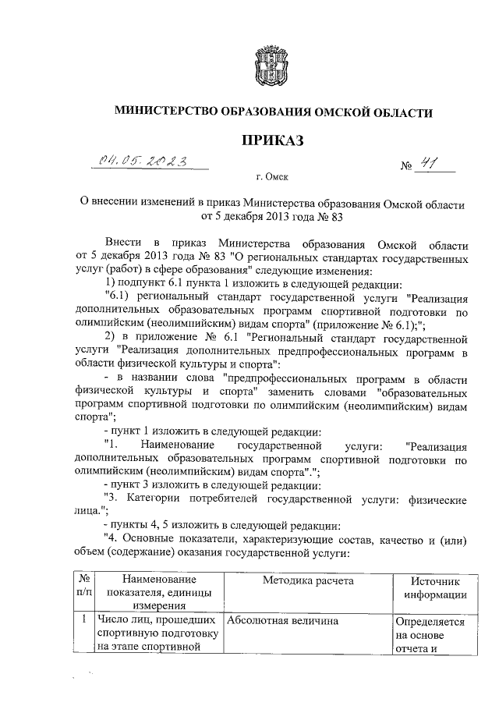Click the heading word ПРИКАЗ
(272, 140)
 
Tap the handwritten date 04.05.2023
(143, 161)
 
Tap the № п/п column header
(83, 587)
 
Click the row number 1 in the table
(83, 621)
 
